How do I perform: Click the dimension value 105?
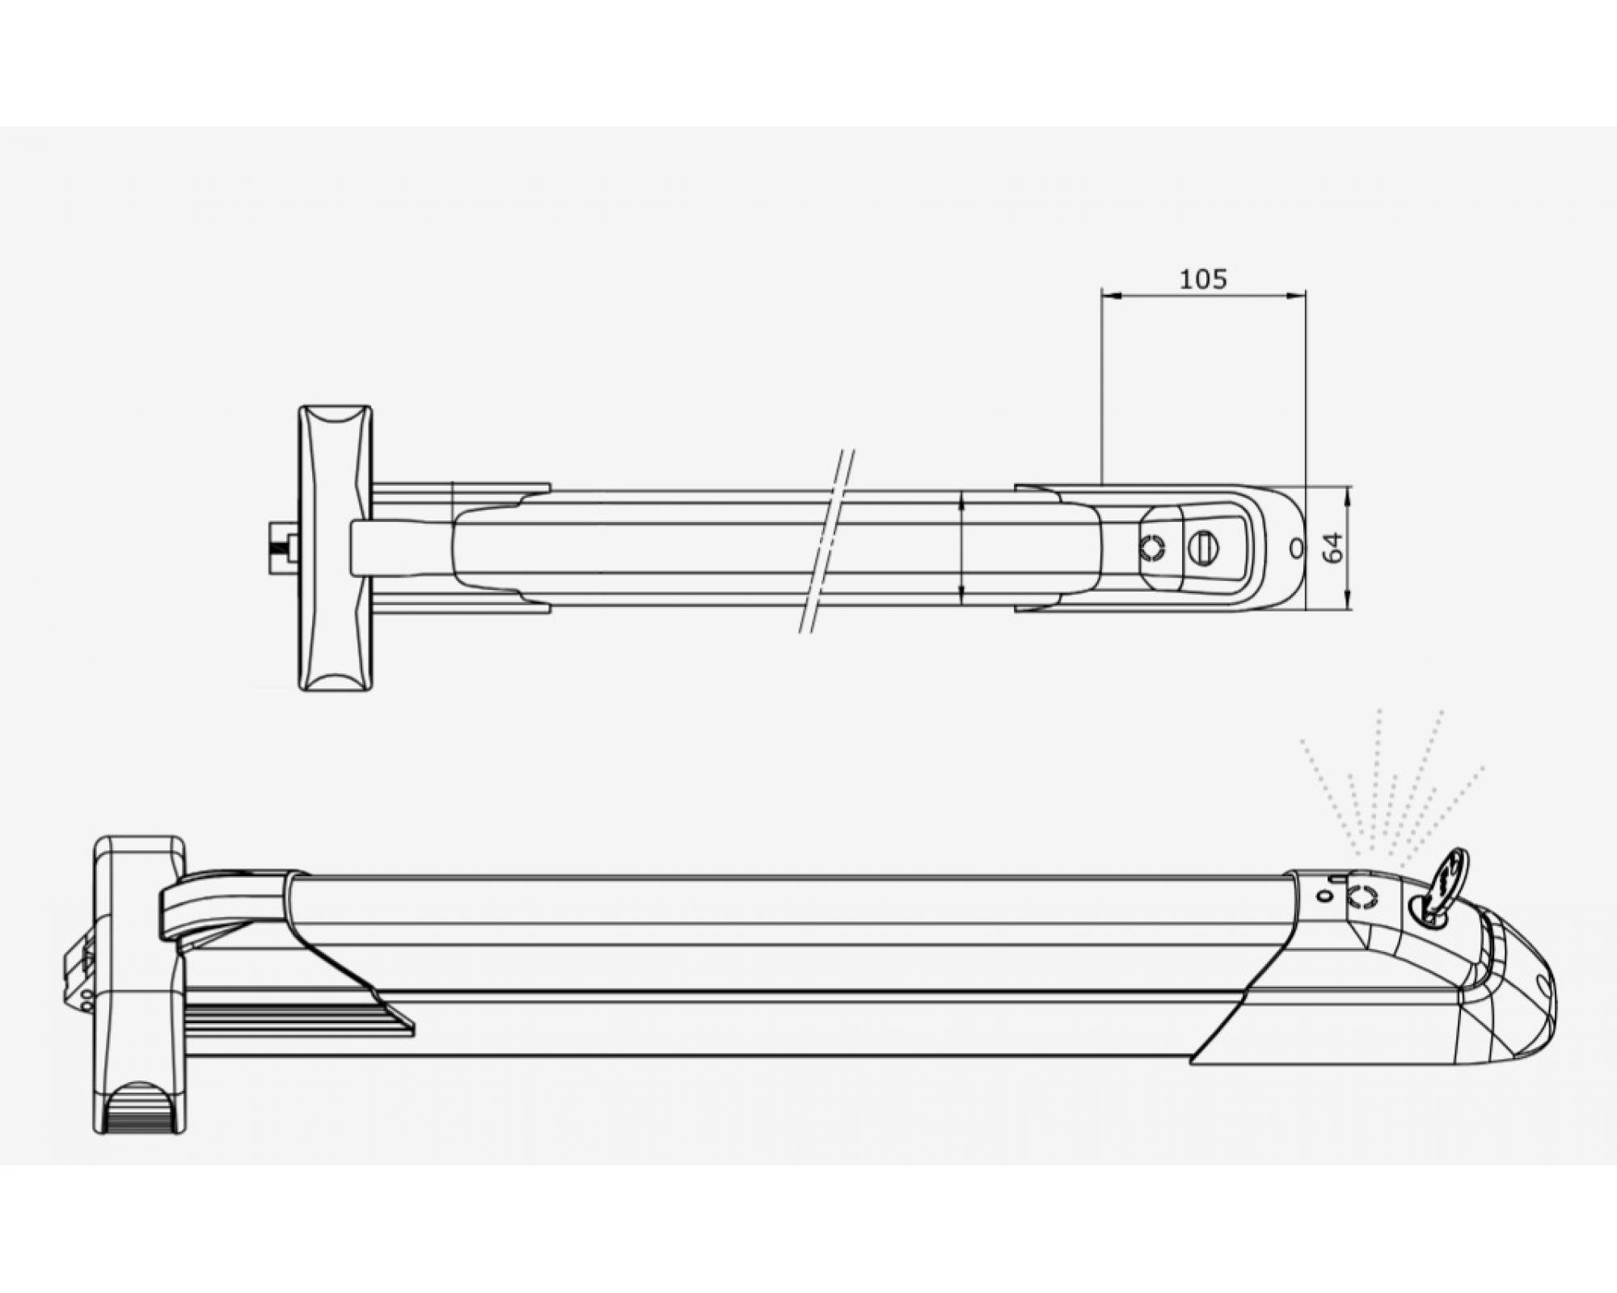1203,280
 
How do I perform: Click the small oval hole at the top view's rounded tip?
1296,548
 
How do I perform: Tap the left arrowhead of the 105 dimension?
1111,297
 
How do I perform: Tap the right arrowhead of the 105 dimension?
1296,297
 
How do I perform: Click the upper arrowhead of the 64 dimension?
1348,495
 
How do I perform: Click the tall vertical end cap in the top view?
336,548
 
